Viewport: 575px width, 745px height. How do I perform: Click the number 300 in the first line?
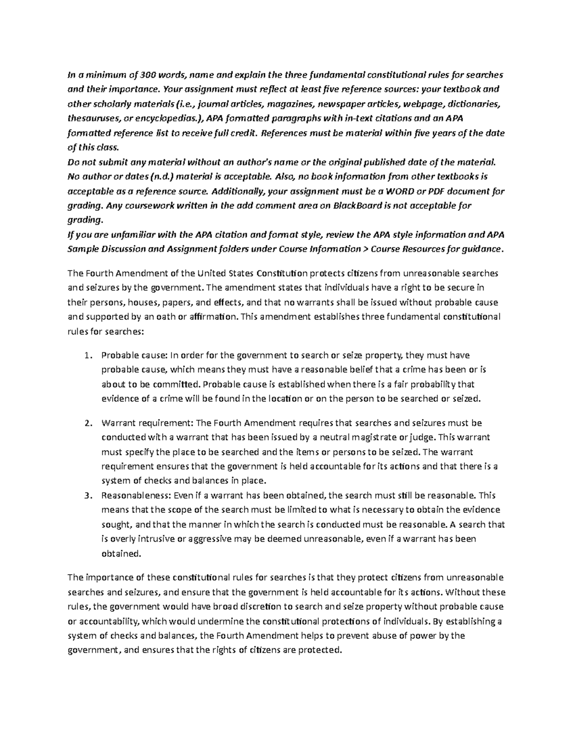tap(149, 74)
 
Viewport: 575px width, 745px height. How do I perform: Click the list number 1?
tap(87, 355)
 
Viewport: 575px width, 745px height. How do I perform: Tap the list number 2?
tap(87, 423)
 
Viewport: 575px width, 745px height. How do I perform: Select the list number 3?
tap(87, 496)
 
